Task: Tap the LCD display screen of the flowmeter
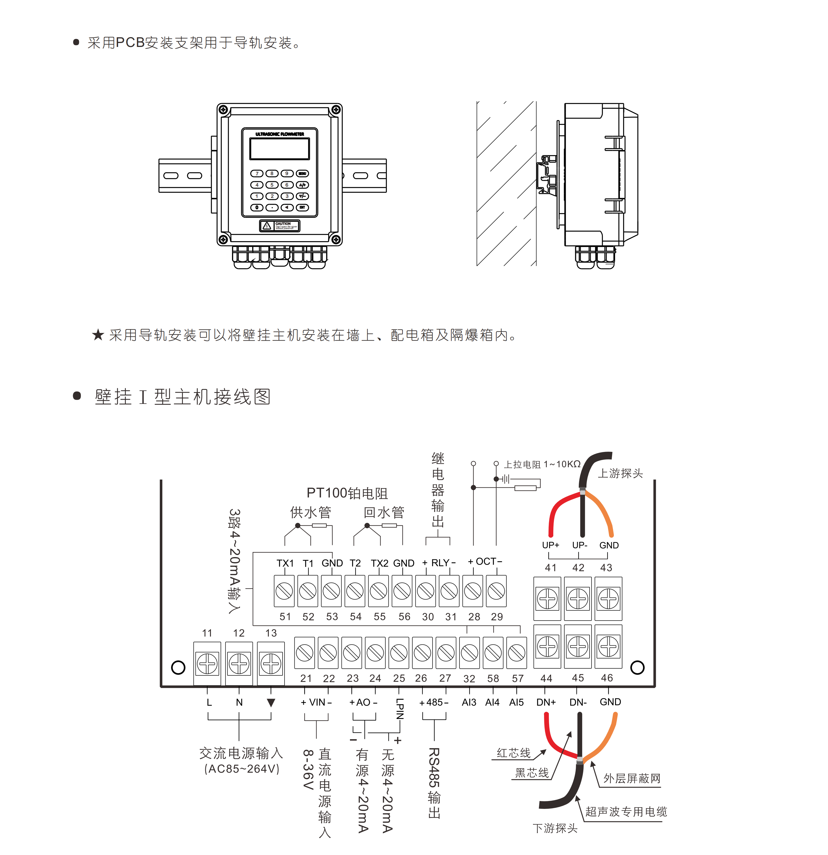pos(279,149)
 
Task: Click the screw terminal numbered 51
pos(284,591)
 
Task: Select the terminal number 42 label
pos(578,567)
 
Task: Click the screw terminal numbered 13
pos(271,664)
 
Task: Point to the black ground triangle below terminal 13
pos(271,703)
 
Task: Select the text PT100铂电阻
pos(347,493)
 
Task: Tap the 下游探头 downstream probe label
pos(555,828)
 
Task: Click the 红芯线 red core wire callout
pos(514,753)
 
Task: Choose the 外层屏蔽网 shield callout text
pos(632,779)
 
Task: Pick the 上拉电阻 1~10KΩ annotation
pos(542,464)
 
